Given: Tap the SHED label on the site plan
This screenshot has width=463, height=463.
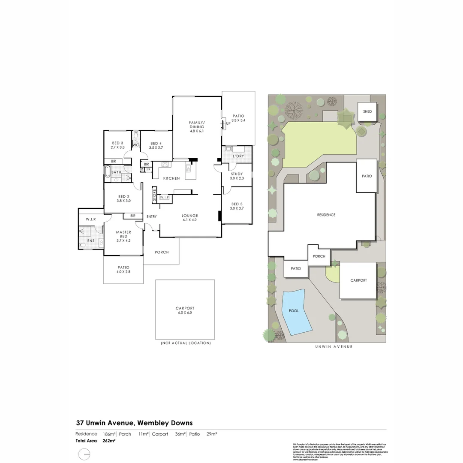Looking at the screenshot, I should click(x=367, y=111).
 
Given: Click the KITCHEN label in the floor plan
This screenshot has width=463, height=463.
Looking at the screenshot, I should click(x=171, y=178).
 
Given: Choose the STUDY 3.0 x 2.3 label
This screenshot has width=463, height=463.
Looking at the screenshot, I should click(x=236, y=176).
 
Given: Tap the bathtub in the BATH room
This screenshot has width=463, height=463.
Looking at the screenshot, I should click(x=107, y=172).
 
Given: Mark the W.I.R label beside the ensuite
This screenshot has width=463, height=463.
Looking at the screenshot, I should click(x=90, y=219).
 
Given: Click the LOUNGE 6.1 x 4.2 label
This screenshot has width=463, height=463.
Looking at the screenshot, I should click(x=189, y=218).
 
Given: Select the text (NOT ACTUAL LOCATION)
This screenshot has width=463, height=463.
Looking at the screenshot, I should click(x=186, y=343).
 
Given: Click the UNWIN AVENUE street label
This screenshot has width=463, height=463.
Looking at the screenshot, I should click(x=328, y=346).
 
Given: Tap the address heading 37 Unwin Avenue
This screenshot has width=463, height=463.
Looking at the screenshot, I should click(x=134, y=423).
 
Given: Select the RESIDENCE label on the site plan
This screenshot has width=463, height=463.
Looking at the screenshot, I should click(x=326, y=215).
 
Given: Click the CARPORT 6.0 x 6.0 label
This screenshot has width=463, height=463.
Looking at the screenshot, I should click(x=185, y=310).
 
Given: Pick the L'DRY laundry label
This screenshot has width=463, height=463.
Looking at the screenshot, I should click(x=238, y=156).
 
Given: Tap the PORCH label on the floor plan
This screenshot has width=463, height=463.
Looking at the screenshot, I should click(x=162, y=252).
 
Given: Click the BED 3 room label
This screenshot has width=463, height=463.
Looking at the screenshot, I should click(x=117, y=145).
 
